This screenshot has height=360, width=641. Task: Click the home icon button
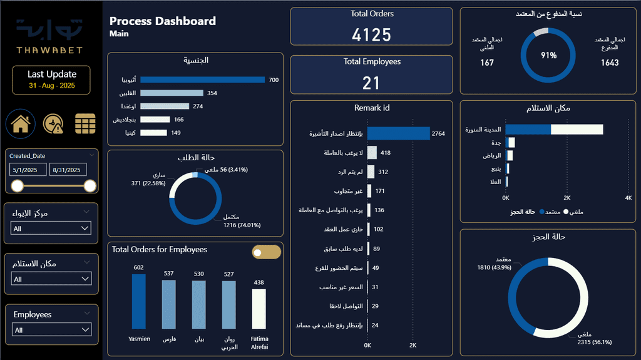tap(21, 124)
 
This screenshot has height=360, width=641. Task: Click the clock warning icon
tap(53, 124)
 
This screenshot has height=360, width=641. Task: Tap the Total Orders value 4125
tap(371, 35)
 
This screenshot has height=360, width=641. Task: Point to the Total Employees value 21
tap(371, 82)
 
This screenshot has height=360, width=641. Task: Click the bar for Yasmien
tap(138, 301)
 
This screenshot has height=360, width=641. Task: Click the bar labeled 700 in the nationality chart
tap(203, 80)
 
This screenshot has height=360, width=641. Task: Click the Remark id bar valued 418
tap(372, 153)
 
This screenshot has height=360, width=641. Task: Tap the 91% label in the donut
tap(549, 55)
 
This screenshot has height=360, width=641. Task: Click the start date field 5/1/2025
tap(28, 170)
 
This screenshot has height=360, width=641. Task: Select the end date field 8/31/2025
tap(68, 170)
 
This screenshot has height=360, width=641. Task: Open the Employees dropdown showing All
tap(51, 330)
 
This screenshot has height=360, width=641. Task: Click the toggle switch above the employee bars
tap(266, 252)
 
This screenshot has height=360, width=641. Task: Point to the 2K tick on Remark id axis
tap(413, 346)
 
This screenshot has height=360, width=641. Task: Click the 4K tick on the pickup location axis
tap(628, 198)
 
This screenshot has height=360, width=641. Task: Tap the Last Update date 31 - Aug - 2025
tap(51, 85)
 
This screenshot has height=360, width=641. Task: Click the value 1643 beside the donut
tap(609, 63)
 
